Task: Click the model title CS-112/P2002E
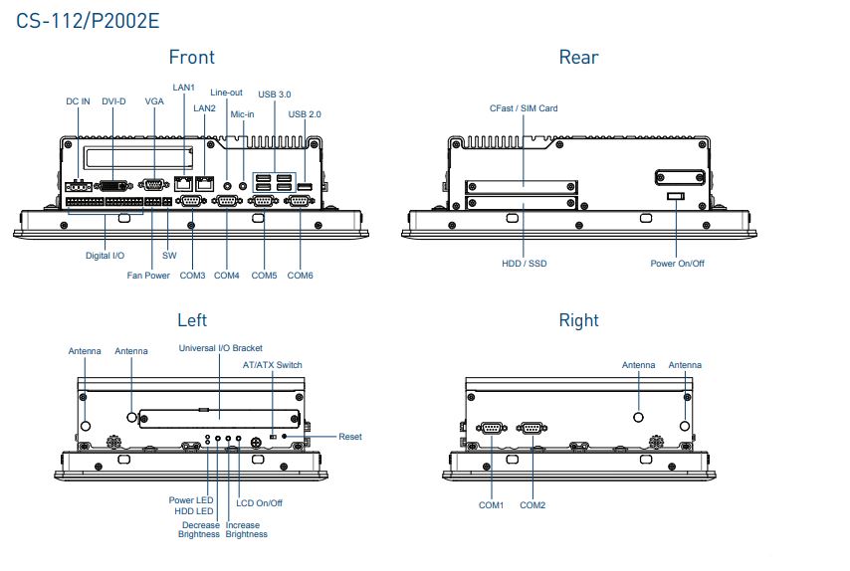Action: (89, 20)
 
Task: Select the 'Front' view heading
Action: (192, 57)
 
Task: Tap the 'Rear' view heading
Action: (578, 57)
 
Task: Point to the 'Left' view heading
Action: (192, 319)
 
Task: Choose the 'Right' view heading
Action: (578, 319)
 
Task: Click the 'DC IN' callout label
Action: (78, 101)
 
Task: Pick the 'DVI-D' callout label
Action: (113, 101)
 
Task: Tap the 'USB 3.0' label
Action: (275, 94)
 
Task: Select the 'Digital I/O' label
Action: (105, 256)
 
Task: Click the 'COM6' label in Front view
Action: (301, 275)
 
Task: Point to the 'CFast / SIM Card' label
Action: (524, 108)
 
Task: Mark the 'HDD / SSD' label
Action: (524, 264)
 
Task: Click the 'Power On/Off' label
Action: (677, 264)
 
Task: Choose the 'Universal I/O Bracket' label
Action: (220, 348)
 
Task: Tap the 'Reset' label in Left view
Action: (349, 437)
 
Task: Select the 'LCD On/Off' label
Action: (259, 503)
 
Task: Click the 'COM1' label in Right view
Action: (492, 505)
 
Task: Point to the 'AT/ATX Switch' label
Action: (273, 365)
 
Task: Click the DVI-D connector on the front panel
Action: (114, 185)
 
